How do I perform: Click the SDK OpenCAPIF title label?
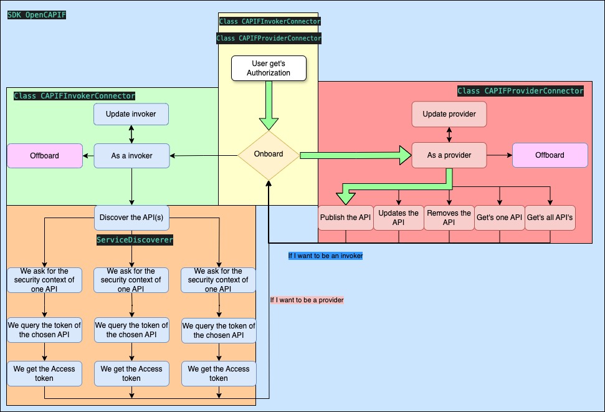pos(37,14)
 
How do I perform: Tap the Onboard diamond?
pos(269,155)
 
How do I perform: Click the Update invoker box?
pos(131,114)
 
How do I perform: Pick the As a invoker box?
pos(131,156)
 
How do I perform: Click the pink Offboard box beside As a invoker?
pos(45,156)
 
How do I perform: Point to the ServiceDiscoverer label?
pos(135,239)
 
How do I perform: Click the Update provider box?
pos(449,114)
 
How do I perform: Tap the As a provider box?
pos(449,155)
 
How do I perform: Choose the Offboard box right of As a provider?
pos(550,155)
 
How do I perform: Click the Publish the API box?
pos(345,218)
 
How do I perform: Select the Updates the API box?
pos(399,218)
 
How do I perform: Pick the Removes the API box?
pos(449,218)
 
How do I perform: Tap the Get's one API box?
pos(499,218)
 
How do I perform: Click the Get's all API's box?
pos(550,218)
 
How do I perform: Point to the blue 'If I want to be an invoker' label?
pos(325,256)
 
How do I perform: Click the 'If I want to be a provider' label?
pos(307,300)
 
